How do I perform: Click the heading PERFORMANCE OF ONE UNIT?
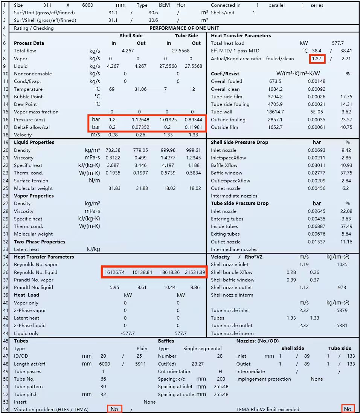click(184, 28)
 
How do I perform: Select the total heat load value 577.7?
click(337, 43)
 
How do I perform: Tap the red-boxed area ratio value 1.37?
click(317, 59)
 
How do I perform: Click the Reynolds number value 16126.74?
click(113, 272)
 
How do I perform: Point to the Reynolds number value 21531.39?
click(195, 272)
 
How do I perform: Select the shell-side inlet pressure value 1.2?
click(112, 119)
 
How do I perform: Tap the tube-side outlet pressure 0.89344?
click(195, 119)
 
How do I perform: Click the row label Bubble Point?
click(28, 96)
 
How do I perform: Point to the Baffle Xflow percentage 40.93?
click(346, 165)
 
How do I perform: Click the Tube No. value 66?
click(103, 379)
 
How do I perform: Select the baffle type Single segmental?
click(202, 349)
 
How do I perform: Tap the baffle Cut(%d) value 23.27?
click(197, 364)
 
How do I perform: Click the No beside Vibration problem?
click(114, 409)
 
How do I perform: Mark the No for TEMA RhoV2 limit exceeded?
click(348, 409)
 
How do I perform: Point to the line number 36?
click(5, 272)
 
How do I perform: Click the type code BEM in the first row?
click(165, 5)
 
